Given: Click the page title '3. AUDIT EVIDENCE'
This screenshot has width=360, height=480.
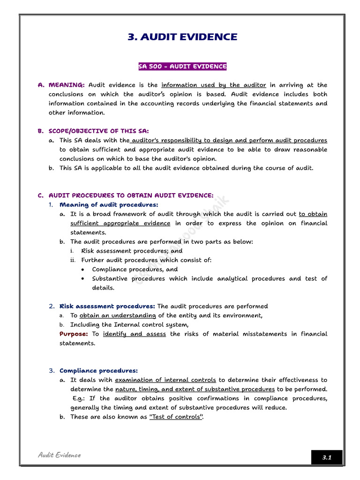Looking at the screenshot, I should point(182,37).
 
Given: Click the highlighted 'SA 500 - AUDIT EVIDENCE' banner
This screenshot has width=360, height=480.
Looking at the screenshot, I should point(182,67).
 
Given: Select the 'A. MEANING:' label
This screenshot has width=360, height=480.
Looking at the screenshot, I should point(61,85).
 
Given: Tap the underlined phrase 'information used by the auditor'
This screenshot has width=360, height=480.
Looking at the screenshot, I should point(213,85).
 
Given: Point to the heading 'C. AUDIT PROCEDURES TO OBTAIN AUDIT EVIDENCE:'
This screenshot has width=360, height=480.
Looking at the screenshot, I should point(126,195).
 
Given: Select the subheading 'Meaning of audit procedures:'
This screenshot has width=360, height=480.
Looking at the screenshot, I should point(109,205).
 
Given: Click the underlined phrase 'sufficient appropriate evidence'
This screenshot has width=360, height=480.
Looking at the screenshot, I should point(120,223).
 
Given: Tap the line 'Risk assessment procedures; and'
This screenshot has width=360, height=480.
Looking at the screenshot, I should point(132,251).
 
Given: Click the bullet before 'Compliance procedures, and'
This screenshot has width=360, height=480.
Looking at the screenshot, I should point(83,270).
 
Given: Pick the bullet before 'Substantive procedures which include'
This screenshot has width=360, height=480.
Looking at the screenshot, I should point(83,278).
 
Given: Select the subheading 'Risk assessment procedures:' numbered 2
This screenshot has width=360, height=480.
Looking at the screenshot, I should point(107,306).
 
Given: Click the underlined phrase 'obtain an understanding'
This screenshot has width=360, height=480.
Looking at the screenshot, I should point(117,315).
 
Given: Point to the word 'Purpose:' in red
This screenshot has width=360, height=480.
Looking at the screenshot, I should point(74,334).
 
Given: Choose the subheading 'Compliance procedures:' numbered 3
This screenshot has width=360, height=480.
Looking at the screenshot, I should point(98,371).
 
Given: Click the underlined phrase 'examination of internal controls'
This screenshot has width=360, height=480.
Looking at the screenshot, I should point(165,380).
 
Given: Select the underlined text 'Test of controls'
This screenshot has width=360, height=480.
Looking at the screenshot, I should point(175,417).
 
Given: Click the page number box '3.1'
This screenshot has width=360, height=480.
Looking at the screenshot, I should point(326,457).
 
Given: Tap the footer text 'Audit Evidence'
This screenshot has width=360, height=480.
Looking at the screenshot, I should point(59,455).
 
